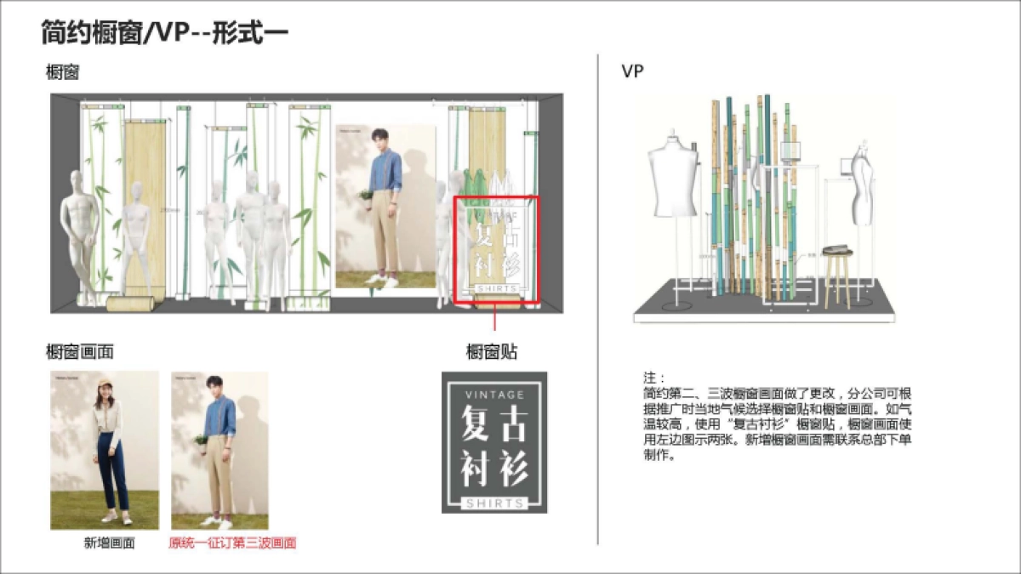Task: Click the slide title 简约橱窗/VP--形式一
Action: [x=165, y=33]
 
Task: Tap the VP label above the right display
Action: [x=632, y=71]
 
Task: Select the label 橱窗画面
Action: [x=80, y=351]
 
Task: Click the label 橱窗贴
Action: [x=492, y=352]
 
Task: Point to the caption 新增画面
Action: [x=109, y=543]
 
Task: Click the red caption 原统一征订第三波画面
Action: [x=232, y=543]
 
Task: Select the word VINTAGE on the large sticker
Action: [x=494, y=395]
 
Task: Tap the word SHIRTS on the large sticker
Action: [x=494, y=503]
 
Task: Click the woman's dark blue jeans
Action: [x=111, y=472]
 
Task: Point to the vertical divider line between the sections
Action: [x=598, y=298]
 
